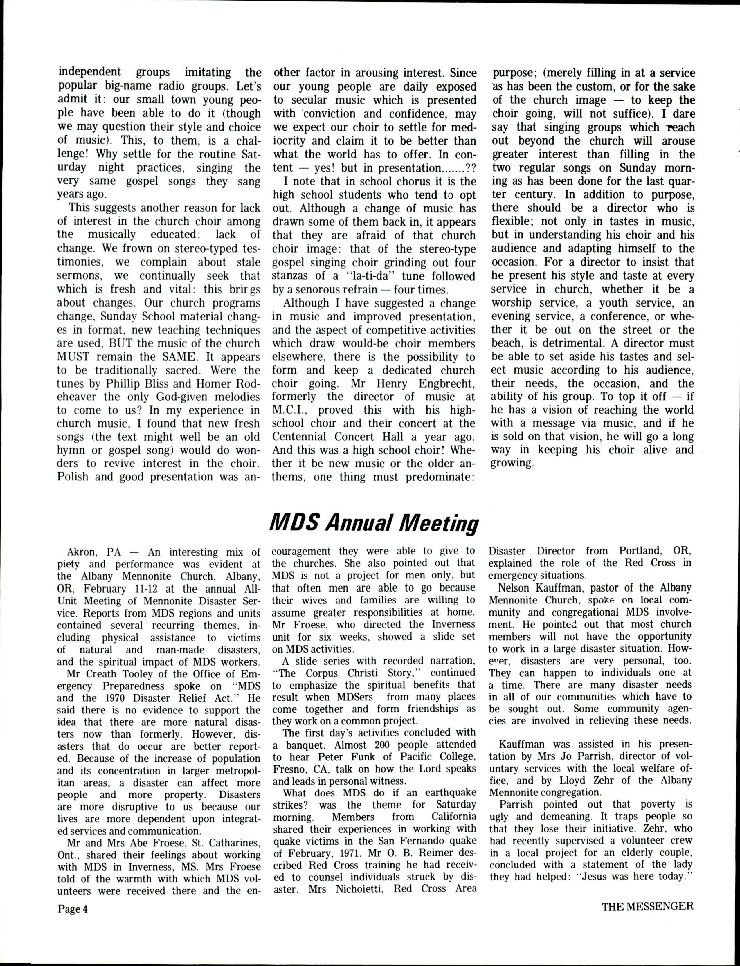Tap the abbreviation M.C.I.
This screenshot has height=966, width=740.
point(288,410)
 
